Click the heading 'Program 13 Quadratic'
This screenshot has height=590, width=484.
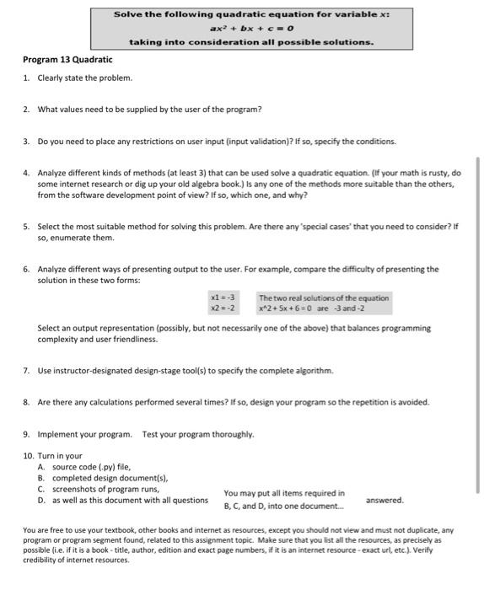(x=67, y=60)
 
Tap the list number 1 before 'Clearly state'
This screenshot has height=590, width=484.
(x=27, y=78)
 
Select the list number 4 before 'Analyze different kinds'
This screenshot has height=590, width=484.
(x=27, y=173)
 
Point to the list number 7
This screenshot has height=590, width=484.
(x=27, y=371)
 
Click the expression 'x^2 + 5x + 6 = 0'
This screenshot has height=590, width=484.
(x=287, y=308)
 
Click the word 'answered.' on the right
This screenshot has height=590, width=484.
(x=385, y=500)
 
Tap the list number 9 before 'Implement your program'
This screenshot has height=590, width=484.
(x=27, y=434)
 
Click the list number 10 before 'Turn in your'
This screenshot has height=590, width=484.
(x=29, y=456)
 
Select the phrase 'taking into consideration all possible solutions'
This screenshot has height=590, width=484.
(x=250, y=41)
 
